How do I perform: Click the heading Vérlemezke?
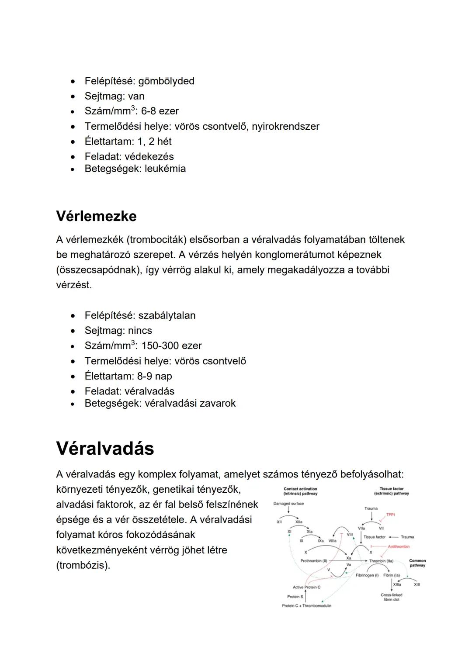click(96, 216)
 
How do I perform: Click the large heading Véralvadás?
click(105, 449)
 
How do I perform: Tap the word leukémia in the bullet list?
click(165, 169)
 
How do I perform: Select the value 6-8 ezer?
click(160, 111)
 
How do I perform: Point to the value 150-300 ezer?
click(172, 346)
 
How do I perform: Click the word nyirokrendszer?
click(285, 126)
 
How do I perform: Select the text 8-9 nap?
click(154, 376)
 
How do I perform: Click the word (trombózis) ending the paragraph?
click(83, 565)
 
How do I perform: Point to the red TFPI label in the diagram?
click(390, 515)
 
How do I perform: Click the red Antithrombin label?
click(399, 546)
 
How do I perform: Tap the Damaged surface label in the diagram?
click(288, 504)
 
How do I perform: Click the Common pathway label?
click(417, 563)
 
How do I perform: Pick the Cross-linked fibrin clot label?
click(392, 597)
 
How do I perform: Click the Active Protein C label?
click(306, 587)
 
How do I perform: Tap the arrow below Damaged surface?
click(288, 510)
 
